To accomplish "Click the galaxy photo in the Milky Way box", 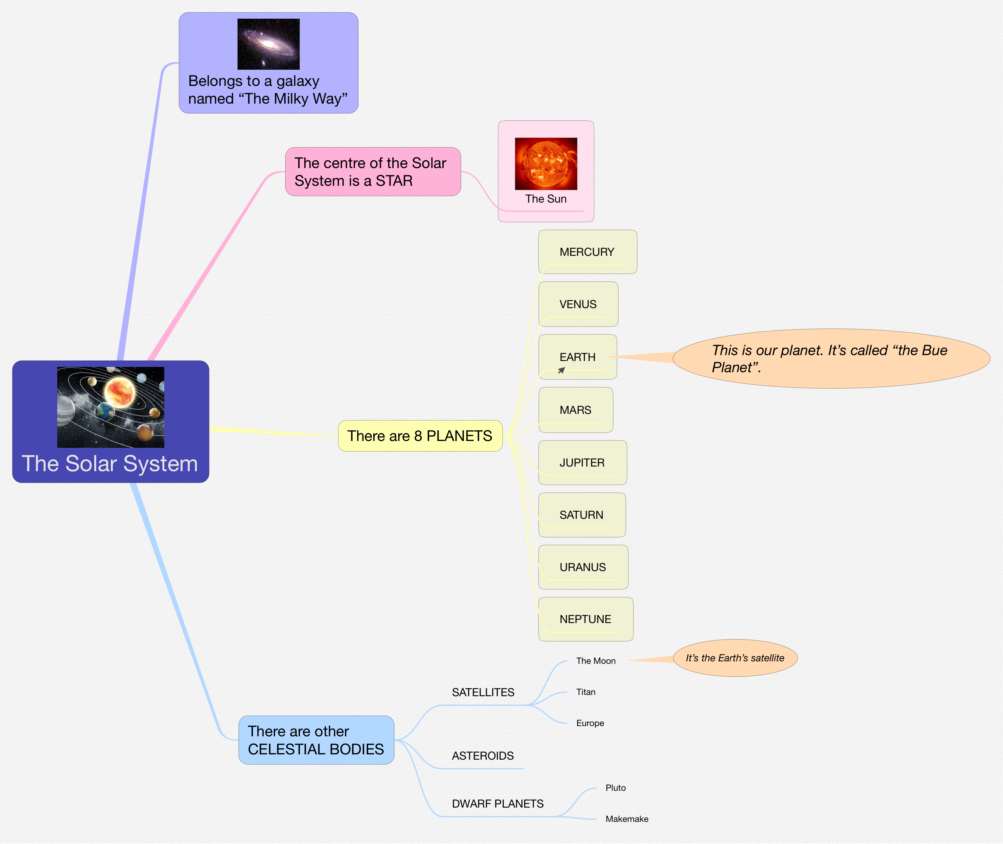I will point(268,44).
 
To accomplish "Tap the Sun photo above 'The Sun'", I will point(546,164).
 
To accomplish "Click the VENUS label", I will point(578,304).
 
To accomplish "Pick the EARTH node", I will point(577,357).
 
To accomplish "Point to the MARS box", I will point(576,410).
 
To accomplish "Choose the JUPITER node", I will point(582,463).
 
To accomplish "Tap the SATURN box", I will point(581,515).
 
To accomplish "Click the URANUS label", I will point(583,567).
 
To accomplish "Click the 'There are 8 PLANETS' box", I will point(420,436).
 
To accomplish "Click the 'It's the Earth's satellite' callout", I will point(735,658).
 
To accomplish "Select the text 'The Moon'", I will point(595,661).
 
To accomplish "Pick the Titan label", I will point(585,692).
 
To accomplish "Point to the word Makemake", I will point(627,819).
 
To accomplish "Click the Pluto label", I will point(615,788).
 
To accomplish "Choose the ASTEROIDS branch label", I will point(483,756).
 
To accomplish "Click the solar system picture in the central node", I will point(110,407).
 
